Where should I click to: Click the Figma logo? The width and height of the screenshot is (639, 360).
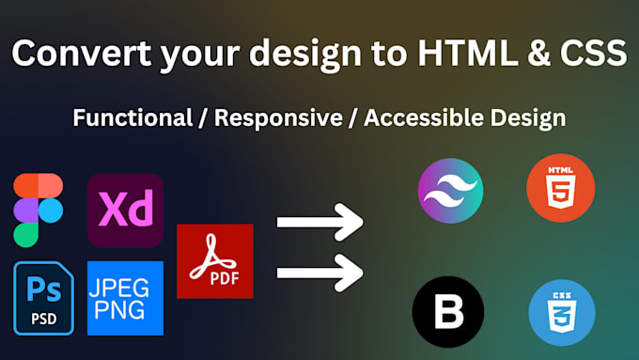tap(38, 209)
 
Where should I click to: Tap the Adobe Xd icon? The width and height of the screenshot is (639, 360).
tap(125, 211)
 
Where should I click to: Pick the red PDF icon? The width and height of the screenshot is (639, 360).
tap(214, 262)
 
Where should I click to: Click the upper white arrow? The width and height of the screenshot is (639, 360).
tap(319, 224)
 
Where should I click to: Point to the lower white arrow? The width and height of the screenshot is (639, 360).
tap(319, 273)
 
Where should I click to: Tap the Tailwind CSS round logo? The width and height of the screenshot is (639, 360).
tap(449, 191)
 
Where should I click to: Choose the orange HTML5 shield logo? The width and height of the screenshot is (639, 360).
tap(560, 191)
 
